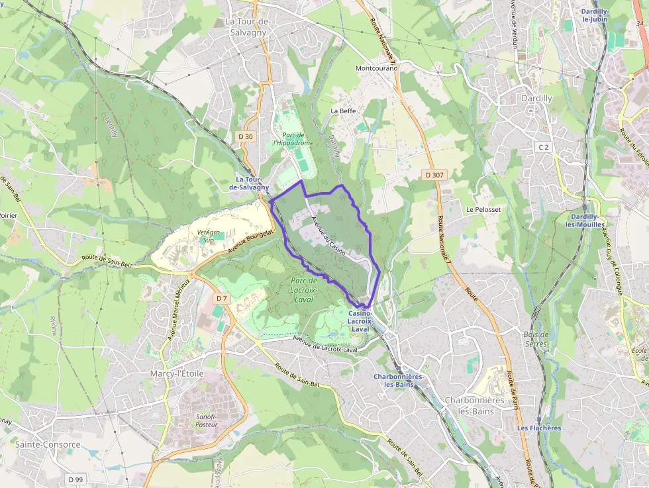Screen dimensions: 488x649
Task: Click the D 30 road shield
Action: pyautogui.click(x=245, y=136)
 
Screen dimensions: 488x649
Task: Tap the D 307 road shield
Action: pyautogui.click(x=434, y=175)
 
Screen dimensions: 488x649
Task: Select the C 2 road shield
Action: pyautogui.click(x=544, y=146)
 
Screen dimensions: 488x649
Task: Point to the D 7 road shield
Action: pyautogui.click(x=221, y=299)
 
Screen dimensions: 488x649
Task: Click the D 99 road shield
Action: pyautogui.click(x=75, y=479)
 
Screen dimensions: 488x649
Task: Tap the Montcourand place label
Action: pyautogui.click(x=376, y=68)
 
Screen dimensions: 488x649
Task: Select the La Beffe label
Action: pyautogui.click(x=344, y=111)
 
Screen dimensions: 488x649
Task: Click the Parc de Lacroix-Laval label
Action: pyautogui.click(x=304, y=289)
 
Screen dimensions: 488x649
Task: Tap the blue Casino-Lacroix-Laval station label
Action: pyautogui.click(x=360, y=320)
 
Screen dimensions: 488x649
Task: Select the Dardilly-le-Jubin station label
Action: pyautogui.click(x=595, y=16)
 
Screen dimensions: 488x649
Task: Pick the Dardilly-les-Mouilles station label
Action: pyautogui.click(x=584, y=220)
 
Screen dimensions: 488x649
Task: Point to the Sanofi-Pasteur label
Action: pyautogui.click(x=207, y=420)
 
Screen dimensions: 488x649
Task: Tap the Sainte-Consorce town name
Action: pyautogui.click(x=48, y=444)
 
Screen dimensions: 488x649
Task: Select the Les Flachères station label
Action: pyautogui.click(x=539, y=428)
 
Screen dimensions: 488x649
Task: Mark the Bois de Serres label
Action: pyautogui.click(x=535, y=339)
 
